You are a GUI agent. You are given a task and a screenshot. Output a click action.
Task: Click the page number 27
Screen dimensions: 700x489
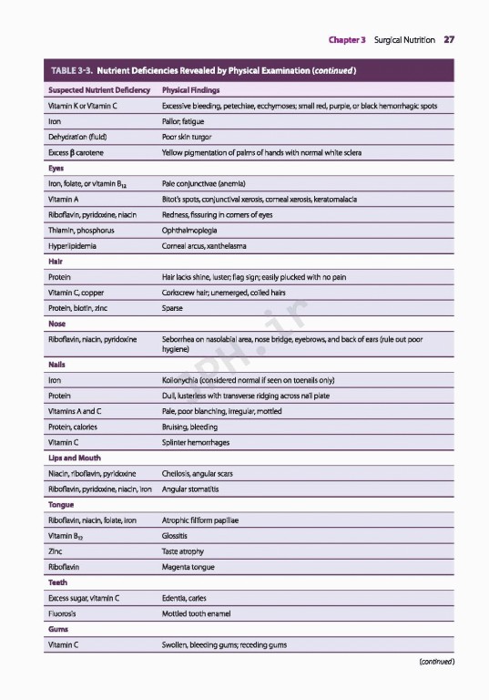click(448, 40)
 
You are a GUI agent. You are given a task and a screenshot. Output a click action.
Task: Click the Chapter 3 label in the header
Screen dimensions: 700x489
click(348, 40)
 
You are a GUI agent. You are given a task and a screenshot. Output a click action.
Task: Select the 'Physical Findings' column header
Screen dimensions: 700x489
click(190, 90)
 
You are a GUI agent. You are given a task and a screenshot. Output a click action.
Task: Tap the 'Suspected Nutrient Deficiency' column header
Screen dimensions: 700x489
click(98, 90)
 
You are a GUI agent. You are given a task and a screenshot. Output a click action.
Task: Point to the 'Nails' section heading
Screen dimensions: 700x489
click(56, 363)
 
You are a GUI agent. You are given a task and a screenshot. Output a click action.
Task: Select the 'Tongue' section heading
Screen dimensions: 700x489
click(60, 504)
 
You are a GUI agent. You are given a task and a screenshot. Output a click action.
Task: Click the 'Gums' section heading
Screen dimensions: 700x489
click(57, 629)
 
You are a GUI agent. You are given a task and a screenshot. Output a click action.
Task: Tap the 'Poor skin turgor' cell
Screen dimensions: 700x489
click(187, 137)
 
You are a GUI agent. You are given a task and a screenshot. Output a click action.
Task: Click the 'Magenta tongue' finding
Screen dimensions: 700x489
click(188, 566)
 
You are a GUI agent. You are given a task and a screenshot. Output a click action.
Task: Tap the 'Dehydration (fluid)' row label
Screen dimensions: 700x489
click(77, 137)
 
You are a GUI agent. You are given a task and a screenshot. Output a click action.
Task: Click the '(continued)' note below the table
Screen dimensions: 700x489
click(436, 661)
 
